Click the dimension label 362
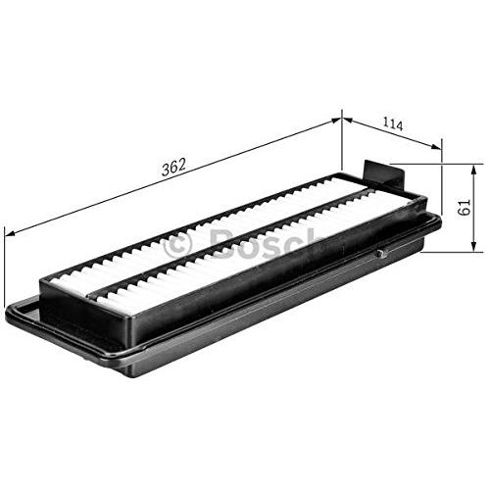coord(173,167)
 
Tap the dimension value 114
coord(393,124)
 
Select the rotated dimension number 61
coord(464,207)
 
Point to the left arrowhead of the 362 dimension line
coord(11,232)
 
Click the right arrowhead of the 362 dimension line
coord(336,121)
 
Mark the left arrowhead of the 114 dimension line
coord(348,121)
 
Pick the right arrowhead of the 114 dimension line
coord(436,147)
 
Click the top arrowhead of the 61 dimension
coord(473,171)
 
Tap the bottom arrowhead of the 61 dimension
coord(473,246)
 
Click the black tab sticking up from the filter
coord(385,174)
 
